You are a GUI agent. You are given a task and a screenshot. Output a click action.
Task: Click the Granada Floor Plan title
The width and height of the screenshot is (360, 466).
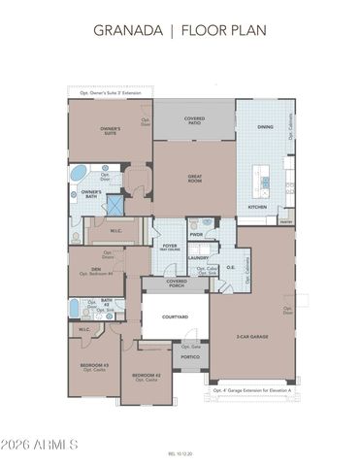pyautogui.click(x=180, y=30)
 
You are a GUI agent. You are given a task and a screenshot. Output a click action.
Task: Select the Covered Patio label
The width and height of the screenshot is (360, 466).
pyautogui.click(x=195, y=120)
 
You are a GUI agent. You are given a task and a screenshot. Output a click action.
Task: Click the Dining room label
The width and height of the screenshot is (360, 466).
pyautogui.click(x=265, y=127)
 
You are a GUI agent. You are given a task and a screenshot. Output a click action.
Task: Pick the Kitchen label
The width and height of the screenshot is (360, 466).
pyautogui.click(x=257, y=207)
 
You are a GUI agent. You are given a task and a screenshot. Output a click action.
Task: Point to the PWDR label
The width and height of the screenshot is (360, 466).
pyautogui.click(x=196, y=234)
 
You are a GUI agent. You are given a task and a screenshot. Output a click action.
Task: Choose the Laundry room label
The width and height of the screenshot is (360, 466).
pyautogui.click(x=198, y=257)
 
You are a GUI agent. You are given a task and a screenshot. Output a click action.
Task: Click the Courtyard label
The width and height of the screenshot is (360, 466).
pyautogui.click(x=175, y=316)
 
